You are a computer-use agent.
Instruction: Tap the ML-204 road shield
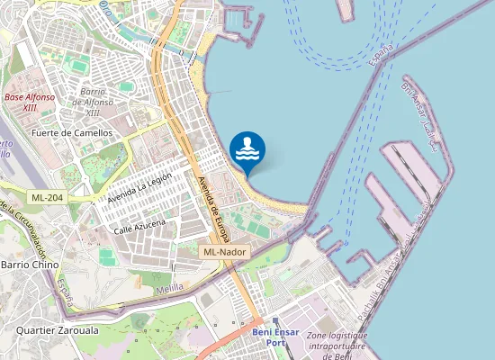47,197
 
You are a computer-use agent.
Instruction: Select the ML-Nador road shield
224,253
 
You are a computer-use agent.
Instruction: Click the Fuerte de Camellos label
72,132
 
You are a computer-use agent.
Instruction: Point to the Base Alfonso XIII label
30,102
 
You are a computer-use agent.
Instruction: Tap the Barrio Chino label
30,265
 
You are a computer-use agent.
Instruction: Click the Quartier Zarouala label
58,330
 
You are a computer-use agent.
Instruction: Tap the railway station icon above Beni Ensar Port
276,321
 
